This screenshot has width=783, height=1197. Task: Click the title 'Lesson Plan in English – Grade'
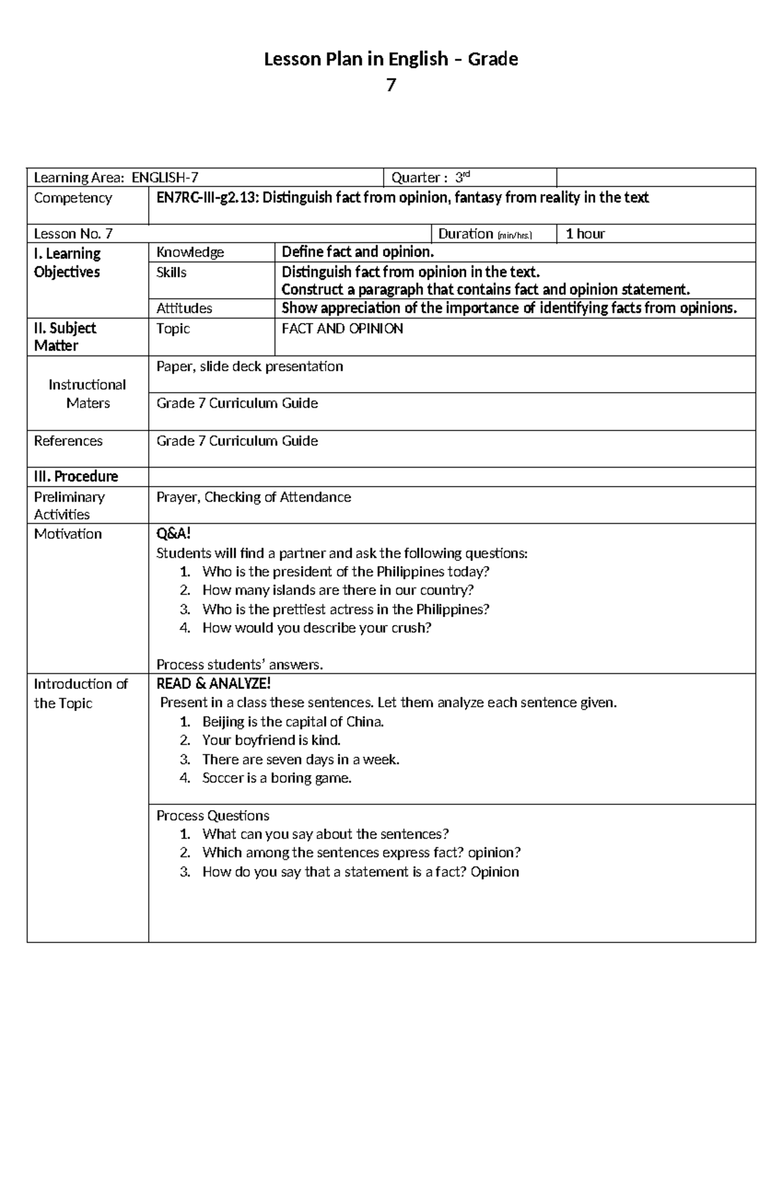click(390, 59)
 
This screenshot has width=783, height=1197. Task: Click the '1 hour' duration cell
click(585, 234)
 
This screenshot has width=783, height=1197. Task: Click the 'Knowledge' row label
click(190, 252)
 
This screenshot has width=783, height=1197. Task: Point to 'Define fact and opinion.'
click(357, 252)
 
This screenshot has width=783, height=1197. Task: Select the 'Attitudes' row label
click(184, 309)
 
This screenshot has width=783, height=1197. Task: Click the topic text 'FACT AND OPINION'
click(342, 329)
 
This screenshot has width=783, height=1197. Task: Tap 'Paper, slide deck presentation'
click(249, 367)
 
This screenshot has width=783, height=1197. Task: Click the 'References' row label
click(68, 441)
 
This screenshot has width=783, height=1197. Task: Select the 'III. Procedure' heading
click(76, 477)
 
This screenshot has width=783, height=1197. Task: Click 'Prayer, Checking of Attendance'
click(253, 498)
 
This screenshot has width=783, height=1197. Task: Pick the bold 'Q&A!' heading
click(174, 534)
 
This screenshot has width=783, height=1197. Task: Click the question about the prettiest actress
click(345, 609)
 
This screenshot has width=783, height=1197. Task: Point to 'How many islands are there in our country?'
click(337, 590)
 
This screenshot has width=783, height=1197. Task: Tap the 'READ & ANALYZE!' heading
click(213, 684)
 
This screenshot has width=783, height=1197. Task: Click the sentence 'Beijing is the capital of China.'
click(292, 722)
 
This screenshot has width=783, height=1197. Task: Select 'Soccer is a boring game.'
click(277, 778)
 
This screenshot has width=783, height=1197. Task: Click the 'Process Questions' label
click(213, 816)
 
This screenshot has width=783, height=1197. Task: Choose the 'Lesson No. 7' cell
click(73, 234)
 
